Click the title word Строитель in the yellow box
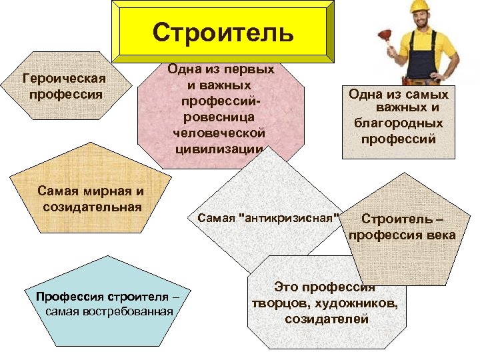tap(223, 31)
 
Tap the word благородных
tap(398, 123)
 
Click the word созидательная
tap(92, 206)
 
